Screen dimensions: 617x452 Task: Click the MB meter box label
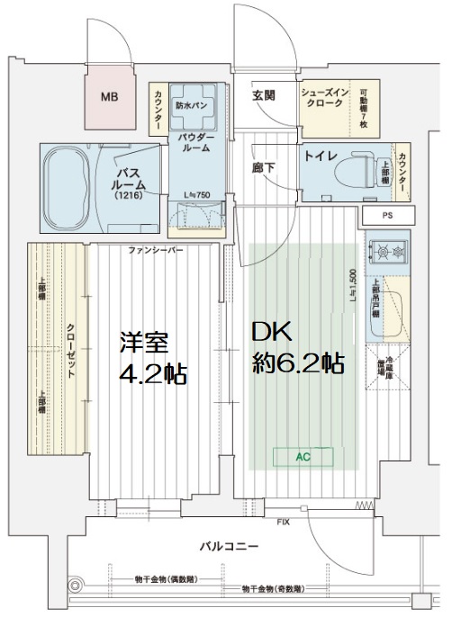109,97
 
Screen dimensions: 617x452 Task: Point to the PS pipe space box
386,216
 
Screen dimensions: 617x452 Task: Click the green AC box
303,456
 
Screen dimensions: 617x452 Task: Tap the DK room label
272,334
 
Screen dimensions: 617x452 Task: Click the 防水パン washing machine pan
194,104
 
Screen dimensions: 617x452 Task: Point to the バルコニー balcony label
230,546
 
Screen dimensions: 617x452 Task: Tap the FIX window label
283,521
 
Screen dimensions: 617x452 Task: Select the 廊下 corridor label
263,167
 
